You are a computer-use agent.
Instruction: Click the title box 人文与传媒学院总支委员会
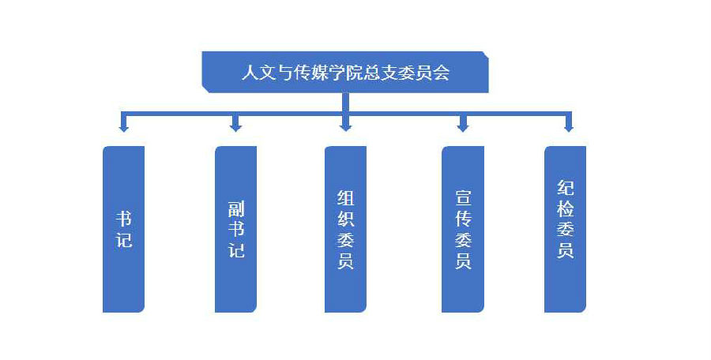(345, 73)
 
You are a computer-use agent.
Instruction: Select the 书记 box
(124, 229)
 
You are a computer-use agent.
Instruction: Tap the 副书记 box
(235, 229)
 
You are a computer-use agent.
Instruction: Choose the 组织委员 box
(345, 229)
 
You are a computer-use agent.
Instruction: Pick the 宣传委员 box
(463, 229)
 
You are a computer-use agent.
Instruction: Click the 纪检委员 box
(565, 229)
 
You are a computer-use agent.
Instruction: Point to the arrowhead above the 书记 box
(124, 126)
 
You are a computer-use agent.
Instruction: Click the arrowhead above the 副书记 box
(235, 126)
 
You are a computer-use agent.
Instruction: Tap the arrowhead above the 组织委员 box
(345, 126)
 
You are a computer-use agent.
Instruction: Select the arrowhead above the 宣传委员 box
(463, 126)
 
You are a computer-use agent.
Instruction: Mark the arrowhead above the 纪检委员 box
(568, 126)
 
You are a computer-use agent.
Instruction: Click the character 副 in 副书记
(235, 209)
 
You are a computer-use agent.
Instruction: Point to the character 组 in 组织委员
(345, 197)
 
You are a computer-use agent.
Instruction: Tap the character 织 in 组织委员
(345, 219)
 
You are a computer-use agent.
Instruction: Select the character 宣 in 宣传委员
(463, 197)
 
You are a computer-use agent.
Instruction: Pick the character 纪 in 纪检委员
(565, 189)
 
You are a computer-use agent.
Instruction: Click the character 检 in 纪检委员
(565, 209)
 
